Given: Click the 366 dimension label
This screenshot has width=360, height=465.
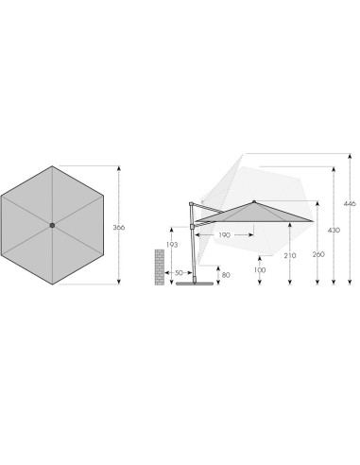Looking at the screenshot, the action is coord(119,227).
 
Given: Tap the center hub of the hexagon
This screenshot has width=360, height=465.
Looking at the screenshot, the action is coord(52,225).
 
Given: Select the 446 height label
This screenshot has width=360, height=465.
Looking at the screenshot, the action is coord(350,203).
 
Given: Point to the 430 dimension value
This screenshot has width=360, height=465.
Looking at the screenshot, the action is coord(334,231).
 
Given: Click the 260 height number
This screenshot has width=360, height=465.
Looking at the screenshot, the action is coord(318,254).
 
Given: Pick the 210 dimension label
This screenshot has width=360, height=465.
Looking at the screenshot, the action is coord(290,255).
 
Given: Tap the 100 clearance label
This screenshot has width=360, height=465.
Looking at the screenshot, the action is coord(260,270).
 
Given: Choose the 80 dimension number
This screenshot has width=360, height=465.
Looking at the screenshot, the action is coord(226,275).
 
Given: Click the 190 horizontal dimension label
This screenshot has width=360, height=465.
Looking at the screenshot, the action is coord(224,235).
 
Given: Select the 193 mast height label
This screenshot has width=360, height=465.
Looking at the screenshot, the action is coord(172,245).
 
